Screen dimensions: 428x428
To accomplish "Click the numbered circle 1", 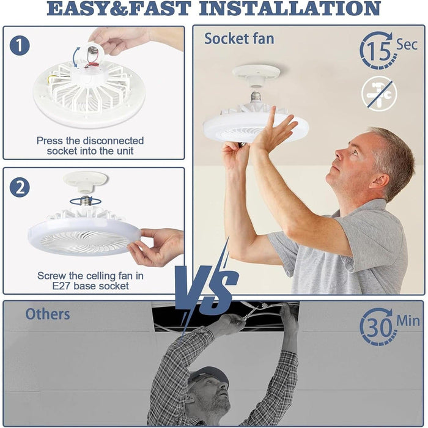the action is [x=20, y=45].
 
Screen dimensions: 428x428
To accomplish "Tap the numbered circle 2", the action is [x=20, y=188].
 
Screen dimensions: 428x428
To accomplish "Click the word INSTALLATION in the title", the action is [x=290, y=8].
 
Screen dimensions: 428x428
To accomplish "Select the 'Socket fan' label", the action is [x=239, y=39].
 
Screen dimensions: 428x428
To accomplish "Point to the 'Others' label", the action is [x=48, y=314].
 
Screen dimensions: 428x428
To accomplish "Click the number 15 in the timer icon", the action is [x=378, y=51].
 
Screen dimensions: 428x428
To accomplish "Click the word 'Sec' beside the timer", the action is [x=407, y=45].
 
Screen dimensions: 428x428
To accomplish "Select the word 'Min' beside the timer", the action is [x=408, y=321].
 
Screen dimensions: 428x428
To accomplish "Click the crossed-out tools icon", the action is [x=379, y=94].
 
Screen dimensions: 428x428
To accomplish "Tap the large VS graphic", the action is [x=206, y=289].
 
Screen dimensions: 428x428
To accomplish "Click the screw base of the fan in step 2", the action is [x=86, y=201].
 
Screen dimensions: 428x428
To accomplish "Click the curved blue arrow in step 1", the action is [x=75, y=57].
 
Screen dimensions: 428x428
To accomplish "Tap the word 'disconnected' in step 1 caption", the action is [x=113, y=141].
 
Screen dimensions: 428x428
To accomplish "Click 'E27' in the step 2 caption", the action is [x=62, y=286].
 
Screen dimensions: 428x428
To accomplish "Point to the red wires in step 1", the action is [x=92, y=65].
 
